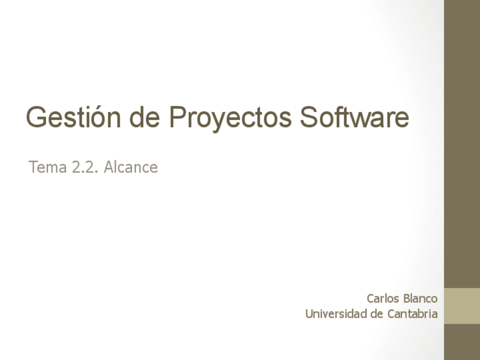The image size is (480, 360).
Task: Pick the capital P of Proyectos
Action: [x=176, y=117]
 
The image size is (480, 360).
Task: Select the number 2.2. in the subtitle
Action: [x=85, y=168]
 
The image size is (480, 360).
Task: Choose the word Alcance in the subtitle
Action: [x=130, y=168]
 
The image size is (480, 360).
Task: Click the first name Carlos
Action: [x=383, y=298]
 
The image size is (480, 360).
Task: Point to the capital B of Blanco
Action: [x=406, y=298]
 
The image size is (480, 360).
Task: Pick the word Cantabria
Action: [x=412, y=314]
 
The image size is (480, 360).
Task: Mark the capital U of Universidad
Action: [x=308, y=314]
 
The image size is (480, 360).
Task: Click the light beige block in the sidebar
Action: [x=462, y=306]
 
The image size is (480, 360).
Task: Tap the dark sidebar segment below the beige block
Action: [x=462, y=342]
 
